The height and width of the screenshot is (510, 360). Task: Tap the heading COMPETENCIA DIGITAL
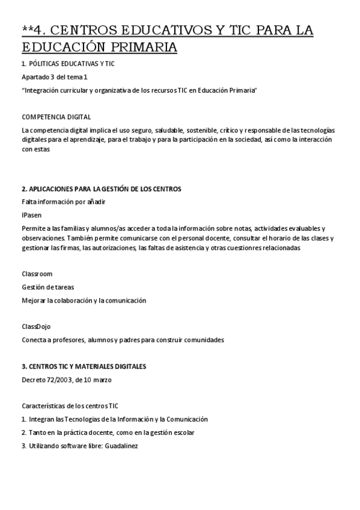tap(56, 117)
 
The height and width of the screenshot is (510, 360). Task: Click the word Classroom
tap(37, 274)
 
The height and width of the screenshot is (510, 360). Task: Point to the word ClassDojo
tap(36, 326)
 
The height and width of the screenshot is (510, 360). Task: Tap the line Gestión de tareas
tap(47, 287)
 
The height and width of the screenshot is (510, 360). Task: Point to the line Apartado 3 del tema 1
tap(54, 76)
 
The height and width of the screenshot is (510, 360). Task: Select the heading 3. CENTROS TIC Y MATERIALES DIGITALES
tap(84, 366)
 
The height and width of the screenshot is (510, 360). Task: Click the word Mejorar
tap(34, 300)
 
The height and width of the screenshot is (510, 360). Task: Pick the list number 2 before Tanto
tap(23, 432)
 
